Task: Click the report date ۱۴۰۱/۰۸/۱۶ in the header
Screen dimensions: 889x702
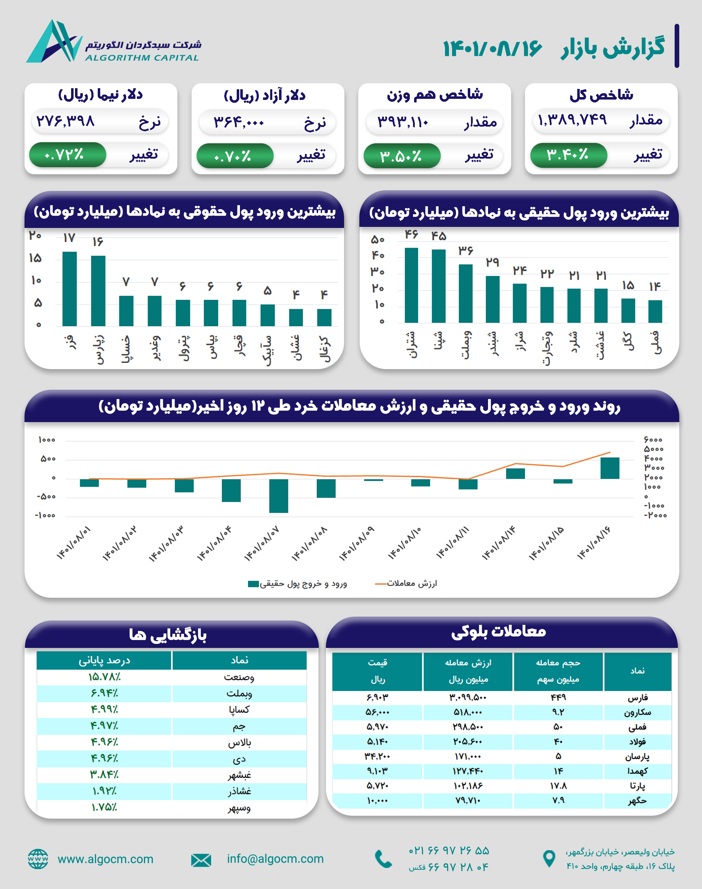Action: [x=492, y=48]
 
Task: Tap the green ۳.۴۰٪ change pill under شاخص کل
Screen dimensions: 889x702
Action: [x=568, y=155]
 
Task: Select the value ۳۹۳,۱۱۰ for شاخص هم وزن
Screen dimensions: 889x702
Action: [x=403, y=122]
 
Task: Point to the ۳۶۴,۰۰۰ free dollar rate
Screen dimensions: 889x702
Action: [x=239, y=122]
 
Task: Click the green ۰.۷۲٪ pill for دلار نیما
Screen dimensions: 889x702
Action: [x=67, y=155]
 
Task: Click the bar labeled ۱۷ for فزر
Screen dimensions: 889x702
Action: [x=69, y=289]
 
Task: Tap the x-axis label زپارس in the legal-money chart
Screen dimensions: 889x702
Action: [x=99, y=349]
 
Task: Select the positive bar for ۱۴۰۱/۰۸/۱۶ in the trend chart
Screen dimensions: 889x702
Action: [x=610, y=468]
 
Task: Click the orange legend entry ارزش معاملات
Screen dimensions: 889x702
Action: [x=406, y=584]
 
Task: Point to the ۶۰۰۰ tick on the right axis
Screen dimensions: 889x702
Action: [x=653, y=440]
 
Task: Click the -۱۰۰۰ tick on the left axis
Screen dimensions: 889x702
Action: [x=45, y=515]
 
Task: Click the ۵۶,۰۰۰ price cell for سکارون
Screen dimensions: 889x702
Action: [x=377, y=712]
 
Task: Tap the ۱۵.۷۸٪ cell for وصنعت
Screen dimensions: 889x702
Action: [x=104, y=677]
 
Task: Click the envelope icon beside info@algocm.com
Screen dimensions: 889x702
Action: [x=201, y=860]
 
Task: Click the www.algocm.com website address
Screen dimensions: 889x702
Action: [x=105, y=859]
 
